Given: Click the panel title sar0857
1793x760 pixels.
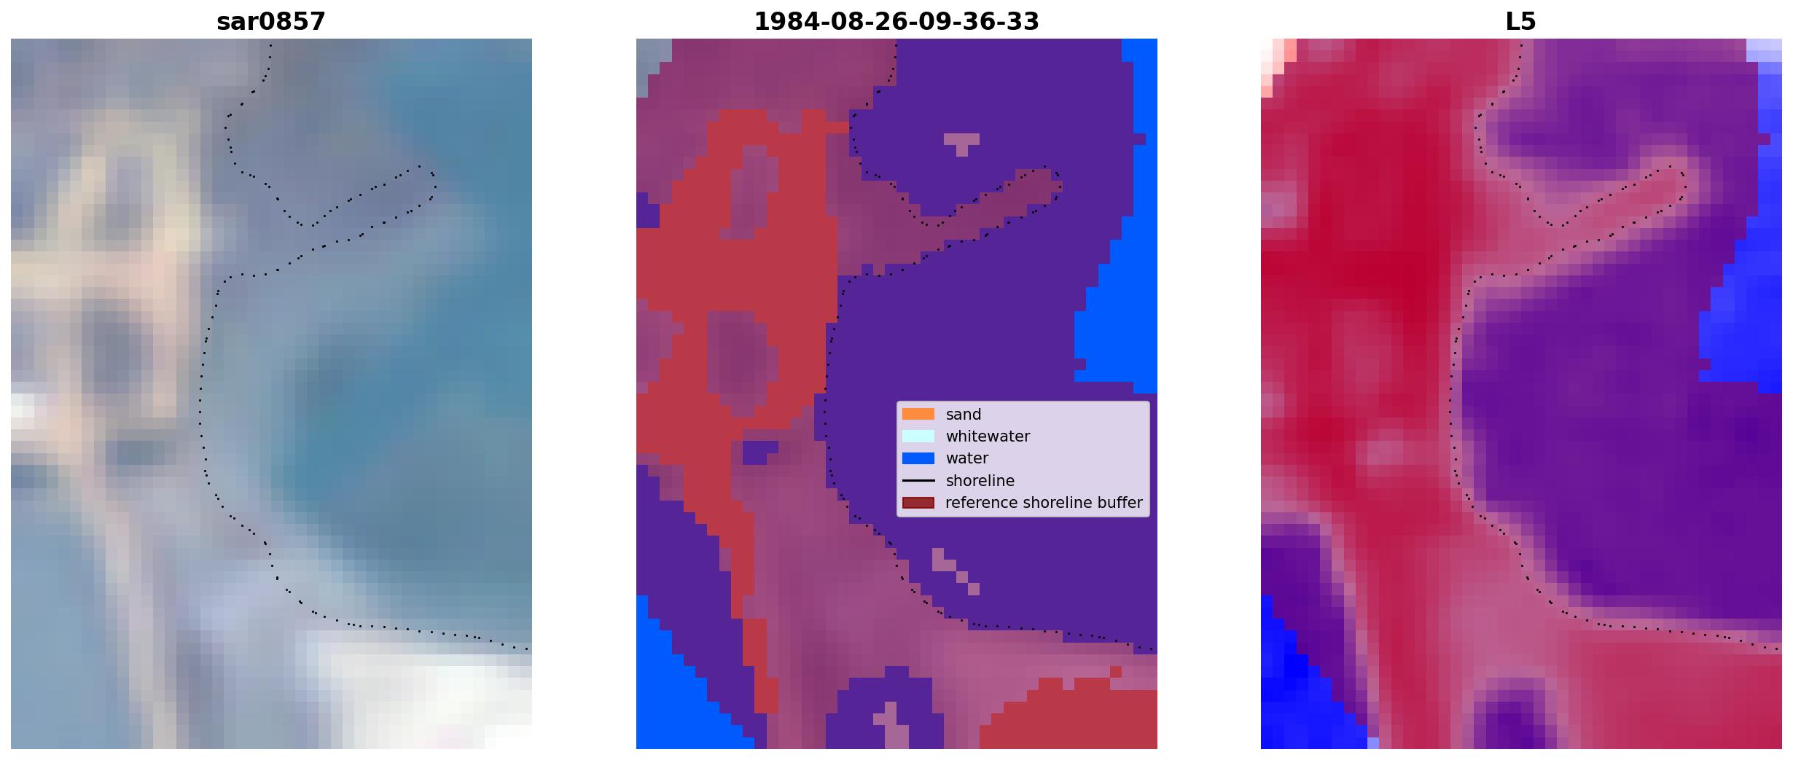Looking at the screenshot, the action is pos(270,22).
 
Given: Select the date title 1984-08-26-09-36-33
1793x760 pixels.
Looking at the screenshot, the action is pos(896,22).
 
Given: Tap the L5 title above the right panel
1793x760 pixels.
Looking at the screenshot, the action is pos(1520,22).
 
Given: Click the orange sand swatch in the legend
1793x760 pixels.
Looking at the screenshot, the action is pos(918,414).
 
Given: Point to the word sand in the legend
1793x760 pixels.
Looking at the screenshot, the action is pos(963,415).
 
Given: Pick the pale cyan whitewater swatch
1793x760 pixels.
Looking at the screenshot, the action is pos(918,436).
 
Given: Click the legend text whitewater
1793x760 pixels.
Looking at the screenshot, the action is pos(988,436).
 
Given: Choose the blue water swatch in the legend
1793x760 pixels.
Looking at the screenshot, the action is pos(918,458).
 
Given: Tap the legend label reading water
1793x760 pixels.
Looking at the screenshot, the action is pos(966,458).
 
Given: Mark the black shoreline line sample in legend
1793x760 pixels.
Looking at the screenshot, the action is pos(918,481).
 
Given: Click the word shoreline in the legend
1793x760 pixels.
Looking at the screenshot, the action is pos(980,481).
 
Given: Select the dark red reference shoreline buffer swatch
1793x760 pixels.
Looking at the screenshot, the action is pos(918,503).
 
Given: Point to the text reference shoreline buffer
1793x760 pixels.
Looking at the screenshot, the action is pos(1044,503).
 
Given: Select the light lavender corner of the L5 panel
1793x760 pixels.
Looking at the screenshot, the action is pos(1764,50).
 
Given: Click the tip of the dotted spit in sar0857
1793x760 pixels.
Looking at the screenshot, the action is pos(434,179).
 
